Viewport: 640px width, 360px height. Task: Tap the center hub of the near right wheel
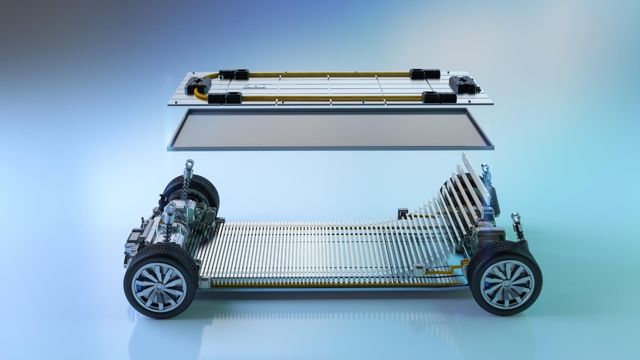[506, 283]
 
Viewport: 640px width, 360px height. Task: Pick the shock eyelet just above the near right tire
[515, 217]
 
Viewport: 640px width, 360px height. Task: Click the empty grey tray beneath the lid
[330, 128]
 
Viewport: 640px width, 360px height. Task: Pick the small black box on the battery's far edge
[401, 214]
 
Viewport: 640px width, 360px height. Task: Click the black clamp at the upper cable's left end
[234, 74]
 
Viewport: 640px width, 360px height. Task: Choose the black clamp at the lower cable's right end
[439, 98]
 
